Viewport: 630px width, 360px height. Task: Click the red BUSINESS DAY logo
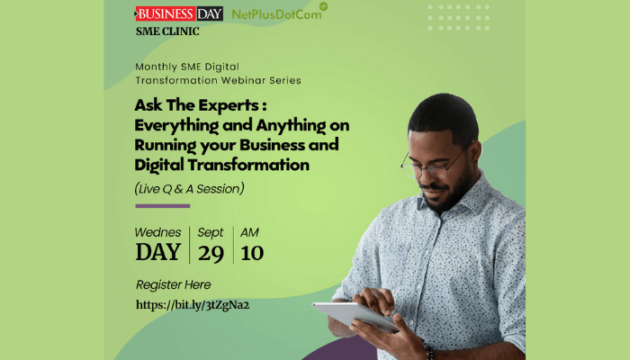166,13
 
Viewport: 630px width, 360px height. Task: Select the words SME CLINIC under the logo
167,31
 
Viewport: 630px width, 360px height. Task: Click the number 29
211,252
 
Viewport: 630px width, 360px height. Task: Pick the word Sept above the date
211,232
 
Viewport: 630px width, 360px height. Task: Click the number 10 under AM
252,252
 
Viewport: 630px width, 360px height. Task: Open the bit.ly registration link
192,305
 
